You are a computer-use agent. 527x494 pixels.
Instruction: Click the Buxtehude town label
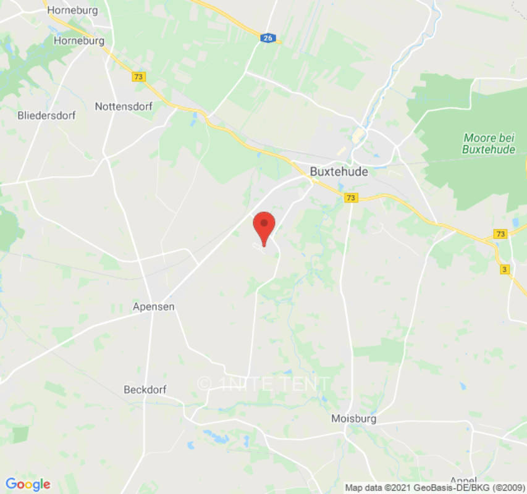tap(338, 172)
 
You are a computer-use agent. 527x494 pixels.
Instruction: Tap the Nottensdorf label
tap(124, 106)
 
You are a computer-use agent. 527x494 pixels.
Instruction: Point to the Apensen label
tap(154, 306)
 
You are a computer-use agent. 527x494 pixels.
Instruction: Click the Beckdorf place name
tap(145, 390)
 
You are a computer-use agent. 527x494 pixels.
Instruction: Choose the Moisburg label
tap(353, 419)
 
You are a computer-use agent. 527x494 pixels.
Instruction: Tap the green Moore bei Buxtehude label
tap(488, 143)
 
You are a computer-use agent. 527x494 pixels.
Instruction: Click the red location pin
tap(264, 225)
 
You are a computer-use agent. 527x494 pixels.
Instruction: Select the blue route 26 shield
tap(267, 38)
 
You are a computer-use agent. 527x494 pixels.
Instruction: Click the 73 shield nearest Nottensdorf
tap(138, 77)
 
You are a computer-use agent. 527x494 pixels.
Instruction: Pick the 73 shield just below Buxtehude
tap(351, 198)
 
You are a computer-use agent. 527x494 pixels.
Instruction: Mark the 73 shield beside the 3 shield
tap(500, 234)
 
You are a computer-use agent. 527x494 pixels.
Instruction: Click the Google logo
tap(28, 485)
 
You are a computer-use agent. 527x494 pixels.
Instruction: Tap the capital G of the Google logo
tap(11, 484)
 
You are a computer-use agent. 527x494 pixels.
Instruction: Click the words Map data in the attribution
tap(362, 488)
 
